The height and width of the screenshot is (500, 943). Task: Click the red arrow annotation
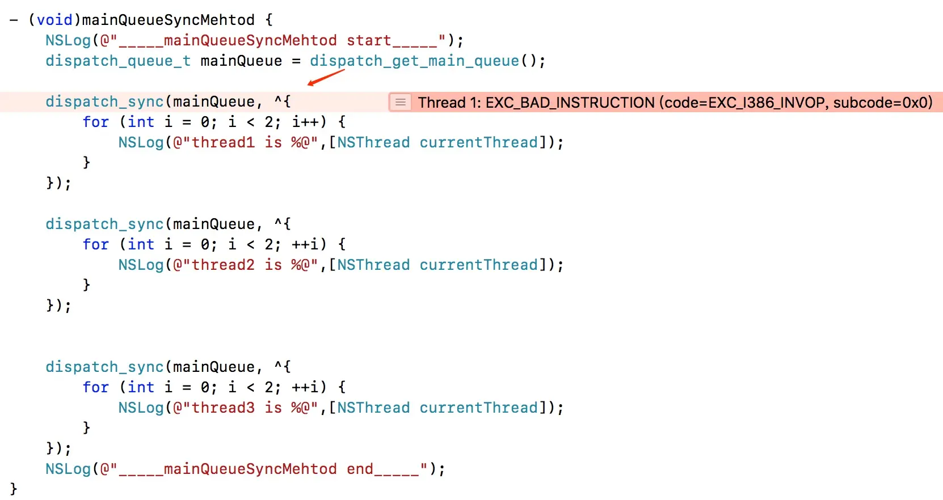point(326,77)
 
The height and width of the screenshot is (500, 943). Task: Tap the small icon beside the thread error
point(400,102)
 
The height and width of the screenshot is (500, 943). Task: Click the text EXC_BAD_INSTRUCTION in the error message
point(570,103)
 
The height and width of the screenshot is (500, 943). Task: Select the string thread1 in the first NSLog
point(223,142)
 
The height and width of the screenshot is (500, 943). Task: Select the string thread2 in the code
point(223,265)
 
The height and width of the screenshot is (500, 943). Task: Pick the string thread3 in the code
point(223,408)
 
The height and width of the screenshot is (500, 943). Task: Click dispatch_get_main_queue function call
point(414,61)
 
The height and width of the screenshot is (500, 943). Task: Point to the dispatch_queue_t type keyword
point(118,61)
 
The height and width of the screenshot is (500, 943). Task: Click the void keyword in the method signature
point(54,20)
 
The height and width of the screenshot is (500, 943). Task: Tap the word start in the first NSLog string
point(369,40)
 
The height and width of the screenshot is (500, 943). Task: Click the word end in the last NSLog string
point(360,469)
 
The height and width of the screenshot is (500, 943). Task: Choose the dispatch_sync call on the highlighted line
point(104,101)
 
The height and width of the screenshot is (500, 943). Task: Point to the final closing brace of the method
point(14,489)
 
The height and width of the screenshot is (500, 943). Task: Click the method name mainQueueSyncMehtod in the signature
point(169,20)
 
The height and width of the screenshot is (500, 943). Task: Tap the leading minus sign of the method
point(14,20)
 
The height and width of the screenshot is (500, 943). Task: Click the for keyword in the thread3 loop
point(95,387)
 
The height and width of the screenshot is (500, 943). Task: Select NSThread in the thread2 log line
point(373,265)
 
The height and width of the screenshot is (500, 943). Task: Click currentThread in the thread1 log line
point(478,142)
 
